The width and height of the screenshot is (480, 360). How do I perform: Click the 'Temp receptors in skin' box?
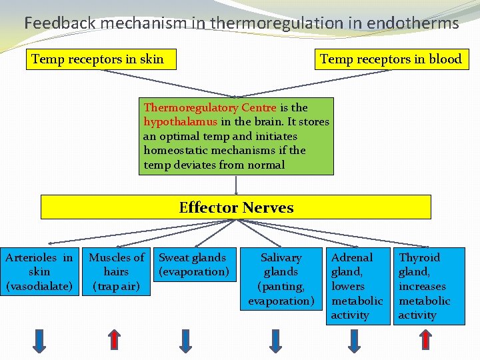tap(103, 59)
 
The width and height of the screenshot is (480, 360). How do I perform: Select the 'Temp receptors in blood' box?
tap(391, 59)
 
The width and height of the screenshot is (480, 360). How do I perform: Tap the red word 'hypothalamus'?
tap(180, 121)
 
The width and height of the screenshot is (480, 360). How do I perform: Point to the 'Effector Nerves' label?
tap(236, 207)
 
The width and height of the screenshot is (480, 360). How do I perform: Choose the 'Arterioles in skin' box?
tap(39, 272)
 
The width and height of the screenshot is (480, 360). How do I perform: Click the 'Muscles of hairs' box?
tap(117, 272)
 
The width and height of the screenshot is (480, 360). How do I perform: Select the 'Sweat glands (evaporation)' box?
tap(194, 265)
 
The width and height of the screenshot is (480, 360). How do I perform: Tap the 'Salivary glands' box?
tap(281, 279)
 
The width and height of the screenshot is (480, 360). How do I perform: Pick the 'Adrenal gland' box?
tap(357, 286)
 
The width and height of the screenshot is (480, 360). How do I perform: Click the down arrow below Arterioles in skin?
tap(40, 340)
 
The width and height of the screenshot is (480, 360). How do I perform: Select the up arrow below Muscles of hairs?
tap(115, 340)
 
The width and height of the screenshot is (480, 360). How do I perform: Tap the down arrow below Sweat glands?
tap(186, 340)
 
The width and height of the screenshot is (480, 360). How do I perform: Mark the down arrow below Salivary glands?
tap(275, 340)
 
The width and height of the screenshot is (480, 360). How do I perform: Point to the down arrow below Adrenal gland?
tap(355, 340)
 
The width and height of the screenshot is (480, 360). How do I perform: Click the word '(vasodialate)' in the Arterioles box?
tap(39, 287)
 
